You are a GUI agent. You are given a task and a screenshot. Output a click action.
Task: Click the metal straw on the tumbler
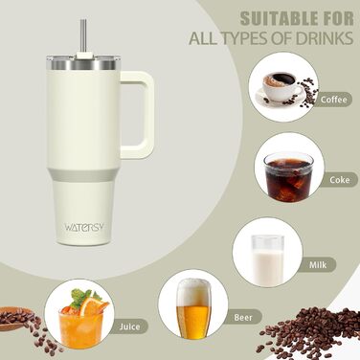[x=83, y=36]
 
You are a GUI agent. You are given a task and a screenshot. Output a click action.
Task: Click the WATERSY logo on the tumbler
[x=84, y=227]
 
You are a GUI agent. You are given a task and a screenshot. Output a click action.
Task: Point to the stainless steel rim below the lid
[x=83, y=65]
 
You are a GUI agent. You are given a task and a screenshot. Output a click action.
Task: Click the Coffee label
[x=333, y=100]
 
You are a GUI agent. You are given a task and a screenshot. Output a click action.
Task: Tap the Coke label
[x=340, y=180]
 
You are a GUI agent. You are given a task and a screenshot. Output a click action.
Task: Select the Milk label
[x=318, y=265]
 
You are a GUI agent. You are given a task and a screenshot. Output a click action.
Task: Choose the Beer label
[x=243, y=318]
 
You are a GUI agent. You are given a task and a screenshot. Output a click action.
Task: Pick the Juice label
[x=129, y=326]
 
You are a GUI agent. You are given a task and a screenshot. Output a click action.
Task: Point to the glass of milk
[x=267, y=260]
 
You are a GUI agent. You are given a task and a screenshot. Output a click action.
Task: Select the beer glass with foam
[x=193, y=308]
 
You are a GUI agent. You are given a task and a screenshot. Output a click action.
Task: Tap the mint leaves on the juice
[x=83, y=297]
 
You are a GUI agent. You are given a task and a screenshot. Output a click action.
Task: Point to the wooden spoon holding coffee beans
[x=16, y=317]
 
